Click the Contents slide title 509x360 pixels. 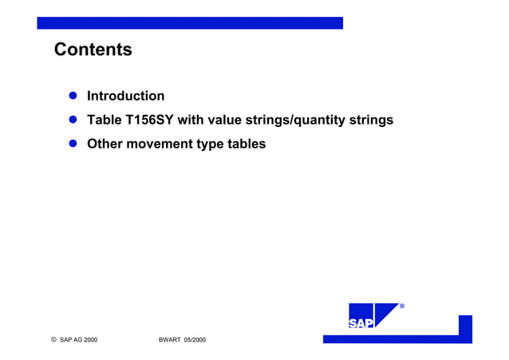point(93,50)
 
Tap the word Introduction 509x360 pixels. point(125,97)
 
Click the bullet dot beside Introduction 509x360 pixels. point(72,97)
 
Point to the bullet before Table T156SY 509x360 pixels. point(72,121)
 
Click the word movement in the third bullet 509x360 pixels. point(160,144)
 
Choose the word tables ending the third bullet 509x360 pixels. point(245,144)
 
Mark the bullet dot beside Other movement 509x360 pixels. point(72,144)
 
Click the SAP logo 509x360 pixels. point(373,316)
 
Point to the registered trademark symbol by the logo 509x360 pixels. point(402,307)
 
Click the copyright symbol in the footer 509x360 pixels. point(53,340)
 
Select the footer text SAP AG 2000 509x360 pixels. point(79,340)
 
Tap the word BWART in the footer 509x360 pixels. point(170,340)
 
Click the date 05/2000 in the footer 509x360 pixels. point(195,340)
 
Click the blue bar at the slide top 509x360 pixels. point(190,23)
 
